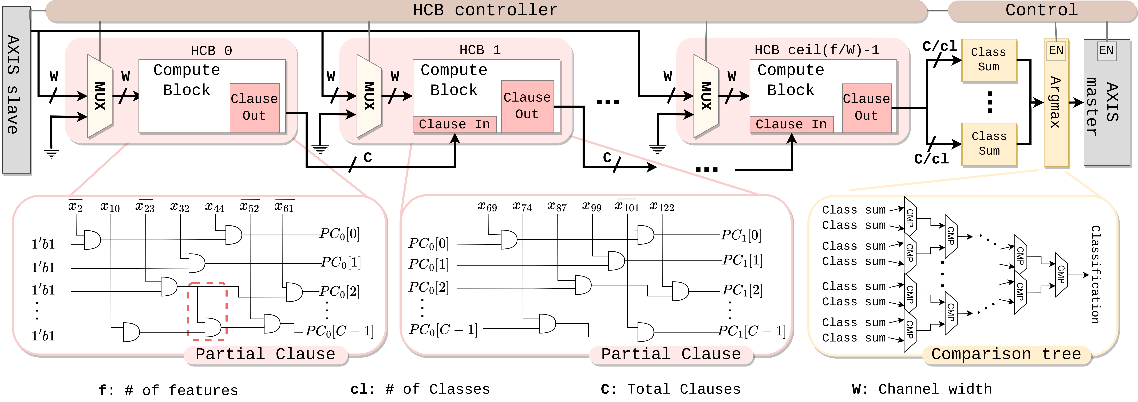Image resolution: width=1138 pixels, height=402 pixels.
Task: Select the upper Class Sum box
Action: click(x=989, y=60)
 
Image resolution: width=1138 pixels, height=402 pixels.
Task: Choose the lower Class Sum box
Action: click(x=989, y=144)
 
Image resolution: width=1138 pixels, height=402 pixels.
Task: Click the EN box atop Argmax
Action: click(x=1056, y=50)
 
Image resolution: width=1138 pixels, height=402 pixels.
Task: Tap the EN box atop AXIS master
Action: click(x=1106, y=50)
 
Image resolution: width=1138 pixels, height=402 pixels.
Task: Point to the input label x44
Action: click(x=215, y=207)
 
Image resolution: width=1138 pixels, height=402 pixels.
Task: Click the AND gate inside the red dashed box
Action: click(x=212, y=327)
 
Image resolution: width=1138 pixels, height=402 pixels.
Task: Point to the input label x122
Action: click(x=662, y=207)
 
